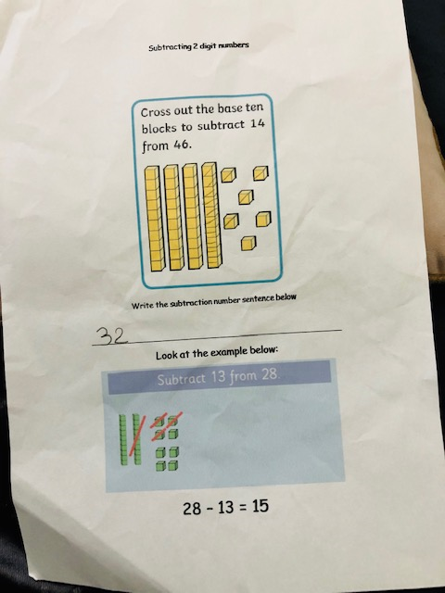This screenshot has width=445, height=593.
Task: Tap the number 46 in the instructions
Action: [181, 145]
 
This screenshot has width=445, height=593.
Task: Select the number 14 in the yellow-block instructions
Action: [258, 123]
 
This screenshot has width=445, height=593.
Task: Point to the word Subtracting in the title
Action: [171, 47]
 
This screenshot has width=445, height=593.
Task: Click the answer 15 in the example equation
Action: [261, 506]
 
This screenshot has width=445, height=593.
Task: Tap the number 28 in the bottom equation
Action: [192, 509]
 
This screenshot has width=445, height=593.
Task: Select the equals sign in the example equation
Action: [244, 507]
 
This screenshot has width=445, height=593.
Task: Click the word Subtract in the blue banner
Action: [182, 379]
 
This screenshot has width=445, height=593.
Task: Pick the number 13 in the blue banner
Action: [219, 377]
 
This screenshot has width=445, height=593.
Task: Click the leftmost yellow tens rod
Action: [154, 219]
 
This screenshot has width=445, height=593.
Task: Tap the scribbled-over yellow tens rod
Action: [212, 215]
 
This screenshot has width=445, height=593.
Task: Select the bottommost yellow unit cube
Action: [248, 243]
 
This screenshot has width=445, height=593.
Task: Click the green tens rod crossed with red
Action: [137, 439]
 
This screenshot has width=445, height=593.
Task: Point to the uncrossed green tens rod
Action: [123, 439]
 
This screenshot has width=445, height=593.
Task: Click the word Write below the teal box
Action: [143, 305]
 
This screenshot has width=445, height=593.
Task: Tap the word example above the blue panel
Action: [226, 353]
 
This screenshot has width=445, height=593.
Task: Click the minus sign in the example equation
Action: [210, 509]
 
